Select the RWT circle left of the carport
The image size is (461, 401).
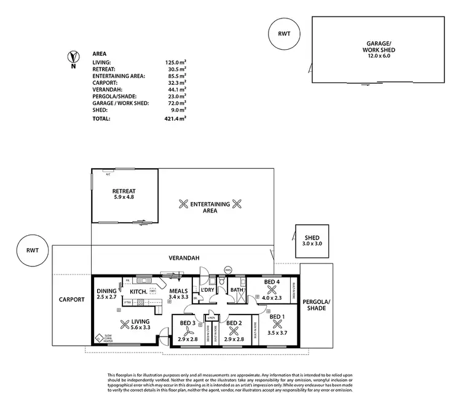(x=33, y=251)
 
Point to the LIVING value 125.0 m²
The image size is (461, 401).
(x=175, y=62)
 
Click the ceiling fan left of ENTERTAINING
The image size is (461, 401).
(x=182, y=203)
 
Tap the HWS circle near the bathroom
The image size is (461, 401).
(x=228, y=269)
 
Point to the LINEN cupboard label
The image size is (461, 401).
(x=211, y=317)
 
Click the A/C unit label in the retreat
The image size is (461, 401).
(x=109, y=174)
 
